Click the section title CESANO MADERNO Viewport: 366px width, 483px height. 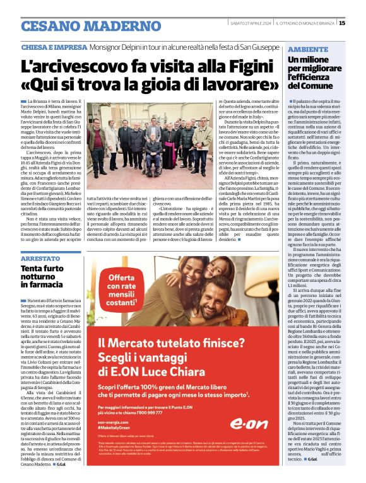pyautogui.click(x=82, y=26)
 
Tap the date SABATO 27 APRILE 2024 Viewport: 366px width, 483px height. pyautogui.click(x=251, y=23)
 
